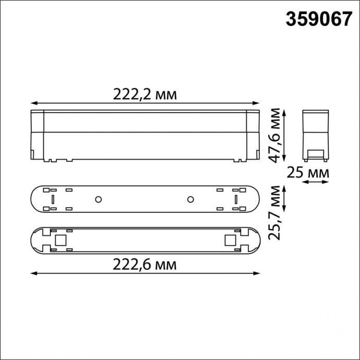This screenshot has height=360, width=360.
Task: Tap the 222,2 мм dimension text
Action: (x=145, y=94)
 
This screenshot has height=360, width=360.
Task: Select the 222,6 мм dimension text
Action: (x=145, y=265)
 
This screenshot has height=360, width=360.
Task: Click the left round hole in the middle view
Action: (x=98, y=199)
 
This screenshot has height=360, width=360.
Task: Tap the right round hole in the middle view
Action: (x=191, y=199)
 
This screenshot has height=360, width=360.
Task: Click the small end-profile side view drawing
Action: (x=316, y=135)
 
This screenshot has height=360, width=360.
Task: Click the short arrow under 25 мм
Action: (x=316, y=182)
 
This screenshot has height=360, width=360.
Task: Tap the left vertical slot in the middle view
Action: (x=52, y=199)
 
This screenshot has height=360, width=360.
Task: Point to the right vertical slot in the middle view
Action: (x=236, y=199)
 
